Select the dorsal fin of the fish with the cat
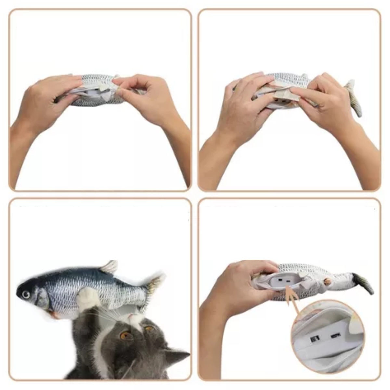[x=109, y=267]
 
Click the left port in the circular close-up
[x=314, y=339]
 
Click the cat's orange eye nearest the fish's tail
[x=149, y=329]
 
